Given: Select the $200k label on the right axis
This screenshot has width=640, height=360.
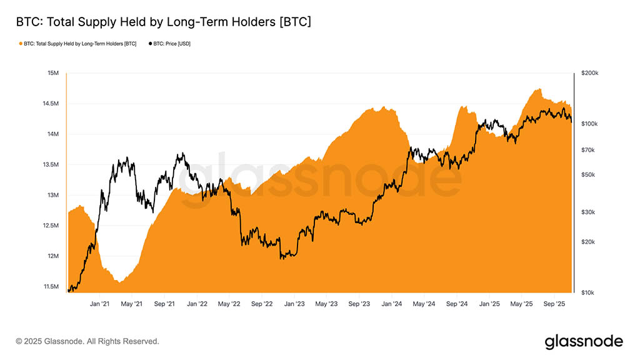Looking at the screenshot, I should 589,74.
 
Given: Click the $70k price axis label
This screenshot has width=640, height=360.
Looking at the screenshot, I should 588,150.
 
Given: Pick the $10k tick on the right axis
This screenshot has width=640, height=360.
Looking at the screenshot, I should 588,292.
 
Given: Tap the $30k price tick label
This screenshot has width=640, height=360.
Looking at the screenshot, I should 588,212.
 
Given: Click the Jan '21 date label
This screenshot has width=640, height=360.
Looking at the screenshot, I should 100,304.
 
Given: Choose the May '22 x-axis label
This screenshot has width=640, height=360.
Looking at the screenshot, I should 229,304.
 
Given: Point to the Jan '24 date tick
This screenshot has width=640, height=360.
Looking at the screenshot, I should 392,304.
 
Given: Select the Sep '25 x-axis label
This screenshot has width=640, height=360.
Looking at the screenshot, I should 554,304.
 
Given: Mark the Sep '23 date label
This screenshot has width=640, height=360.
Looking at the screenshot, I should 359,304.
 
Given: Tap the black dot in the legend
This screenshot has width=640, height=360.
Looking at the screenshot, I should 150,44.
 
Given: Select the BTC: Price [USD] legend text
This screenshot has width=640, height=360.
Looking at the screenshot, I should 172,44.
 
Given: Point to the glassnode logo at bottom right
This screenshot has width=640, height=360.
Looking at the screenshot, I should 584,341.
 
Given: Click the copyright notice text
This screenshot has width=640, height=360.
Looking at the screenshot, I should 87,342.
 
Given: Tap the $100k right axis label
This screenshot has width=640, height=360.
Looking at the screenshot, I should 589,124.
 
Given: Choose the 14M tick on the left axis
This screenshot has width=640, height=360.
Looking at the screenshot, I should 52,134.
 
